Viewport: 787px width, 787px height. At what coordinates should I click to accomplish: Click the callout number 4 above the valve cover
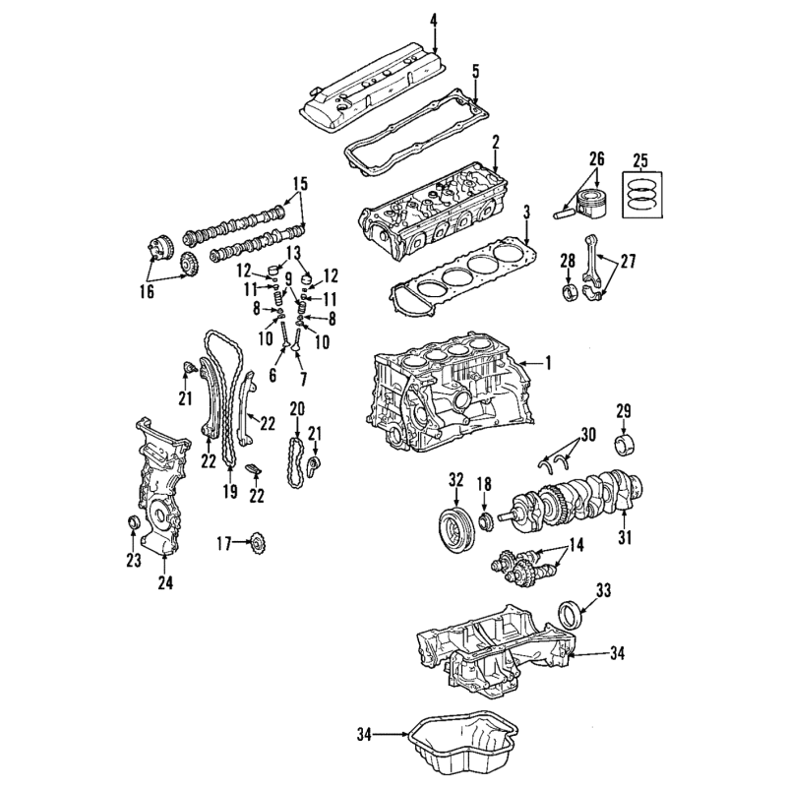[434, 20]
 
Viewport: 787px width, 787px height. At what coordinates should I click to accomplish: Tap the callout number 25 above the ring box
[640, 160]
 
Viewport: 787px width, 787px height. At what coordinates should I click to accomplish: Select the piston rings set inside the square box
[642, 195]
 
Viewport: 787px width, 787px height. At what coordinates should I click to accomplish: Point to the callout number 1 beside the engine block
[548, 362]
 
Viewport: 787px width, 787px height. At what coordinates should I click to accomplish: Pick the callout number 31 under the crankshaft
[625, 537]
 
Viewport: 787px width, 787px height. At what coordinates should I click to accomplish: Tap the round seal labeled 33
[571, 615]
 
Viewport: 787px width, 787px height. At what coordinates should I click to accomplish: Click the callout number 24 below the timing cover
[165, 582]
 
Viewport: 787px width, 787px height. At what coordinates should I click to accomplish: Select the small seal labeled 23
[133, 522]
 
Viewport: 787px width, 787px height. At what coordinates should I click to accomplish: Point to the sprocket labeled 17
[258, 543]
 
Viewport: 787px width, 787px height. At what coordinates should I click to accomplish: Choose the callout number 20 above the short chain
[297, 409]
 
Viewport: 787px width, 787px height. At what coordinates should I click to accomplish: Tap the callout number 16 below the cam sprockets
[147, 291]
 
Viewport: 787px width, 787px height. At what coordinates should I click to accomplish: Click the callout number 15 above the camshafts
[299, 184]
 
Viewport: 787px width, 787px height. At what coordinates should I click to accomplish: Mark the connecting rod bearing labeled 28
[568, 293]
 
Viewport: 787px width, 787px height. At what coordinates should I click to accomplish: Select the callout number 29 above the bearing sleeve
[624, 411]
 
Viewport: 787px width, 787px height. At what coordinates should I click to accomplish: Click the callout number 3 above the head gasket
[526, 212]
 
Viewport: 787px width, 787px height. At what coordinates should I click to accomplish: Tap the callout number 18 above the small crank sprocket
[484, 484]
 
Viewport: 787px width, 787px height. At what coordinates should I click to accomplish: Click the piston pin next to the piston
[563, 213]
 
